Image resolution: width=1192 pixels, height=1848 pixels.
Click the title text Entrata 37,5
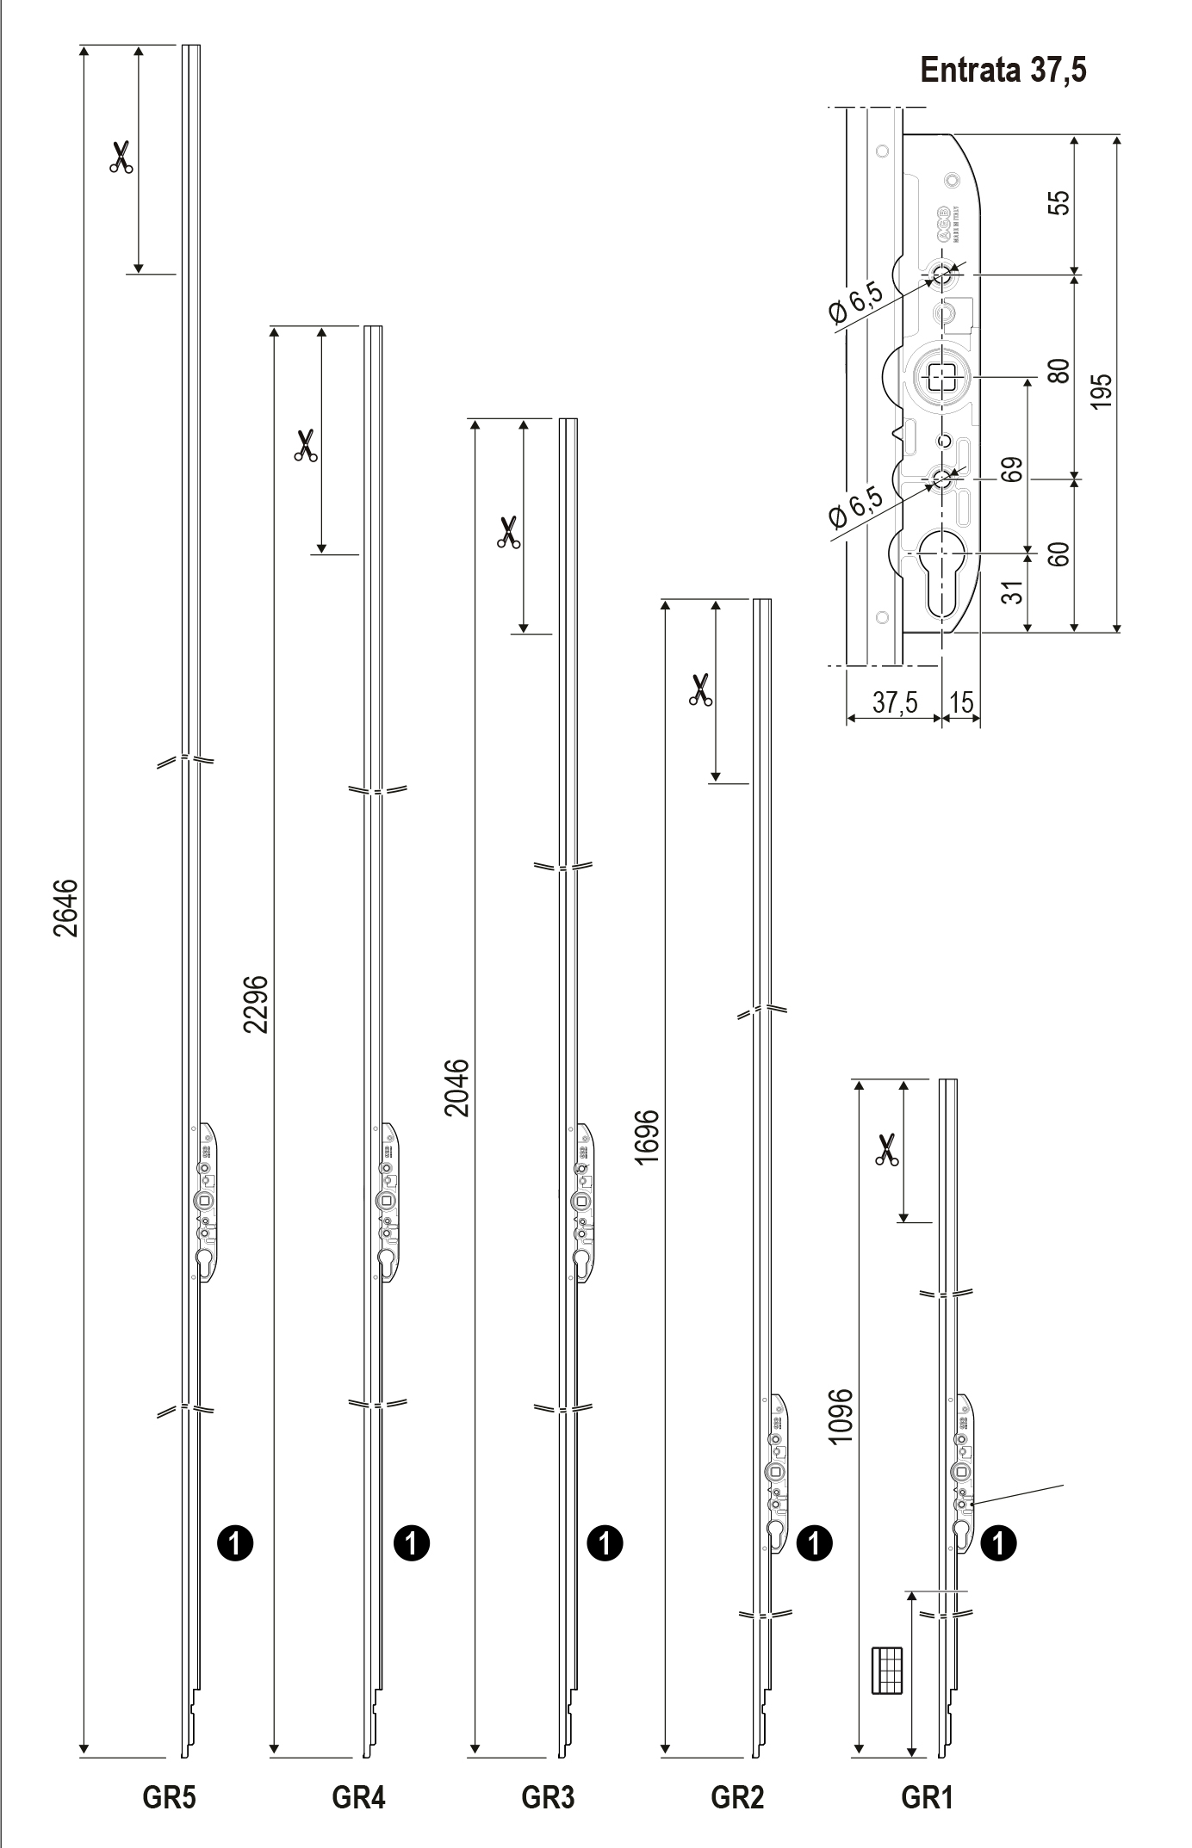pos(1003,70)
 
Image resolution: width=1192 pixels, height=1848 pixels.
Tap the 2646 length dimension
pos(66,907)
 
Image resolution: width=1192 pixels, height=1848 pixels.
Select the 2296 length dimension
pos(256,1004)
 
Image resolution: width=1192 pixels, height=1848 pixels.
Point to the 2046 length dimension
pos(457,1087)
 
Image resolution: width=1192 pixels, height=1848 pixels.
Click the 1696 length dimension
pos(648,1136)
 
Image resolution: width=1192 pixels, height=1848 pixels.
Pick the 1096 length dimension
pos(840,1416)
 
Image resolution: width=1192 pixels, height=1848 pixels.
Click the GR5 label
pos(169,1797)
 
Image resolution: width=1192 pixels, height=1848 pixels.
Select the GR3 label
pos(548,1797)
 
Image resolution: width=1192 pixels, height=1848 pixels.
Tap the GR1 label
pos(927,1797)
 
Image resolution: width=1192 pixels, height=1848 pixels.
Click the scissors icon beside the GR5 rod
pos(121,158)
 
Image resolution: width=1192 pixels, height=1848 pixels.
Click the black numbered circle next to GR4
pos(411,1542)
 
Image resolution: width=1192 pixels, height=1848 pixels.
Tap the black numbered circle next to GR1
pos(999,1542)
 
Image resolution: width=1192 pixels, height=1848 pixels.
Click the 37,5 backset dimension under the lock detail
pos(894,702)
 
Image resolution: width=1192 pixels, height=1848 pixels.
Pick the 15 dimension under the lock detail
pos(961,702)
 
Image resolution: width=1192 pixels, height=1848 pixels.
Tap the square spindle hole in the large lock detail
pos(942,376)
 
